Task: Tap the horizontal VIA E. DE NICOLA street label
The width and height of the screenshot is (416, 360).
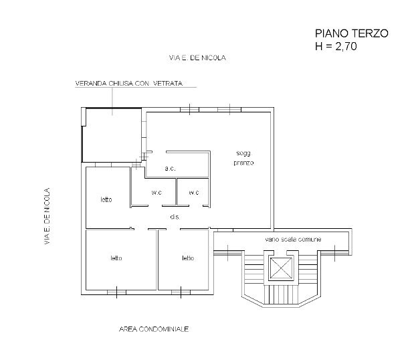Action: click(198, 58)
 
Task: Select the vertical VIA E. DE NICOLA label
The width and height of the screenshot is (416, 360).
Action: click(47, 215)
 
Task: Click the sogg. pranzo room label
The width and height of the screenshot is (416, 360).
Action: click(243, 159)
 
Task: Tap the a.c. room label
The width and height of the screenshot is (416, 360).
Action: click(170, 169)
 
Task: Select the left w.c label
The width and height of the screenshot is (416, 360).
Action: click(157, 193)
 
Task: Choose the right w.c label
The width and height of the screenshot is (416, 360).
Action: click(194, 193)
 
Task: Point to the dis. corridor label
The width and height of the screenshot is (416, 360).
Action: click(175, 217)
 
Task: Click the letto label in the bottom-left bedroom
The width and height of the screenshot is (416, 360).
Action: click(116, 258)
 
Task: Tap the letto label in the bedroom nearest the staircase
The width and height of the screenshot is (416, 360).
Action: click(188, 258)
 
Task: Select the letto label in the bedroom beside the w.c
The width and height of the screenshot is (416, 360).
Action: click(106, 199)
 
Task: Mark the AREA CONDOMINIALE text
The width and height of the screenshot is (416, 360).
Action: click(154, 330)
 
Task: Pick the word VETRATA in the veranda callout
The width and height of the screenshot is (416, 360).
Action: click(167, 84)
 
